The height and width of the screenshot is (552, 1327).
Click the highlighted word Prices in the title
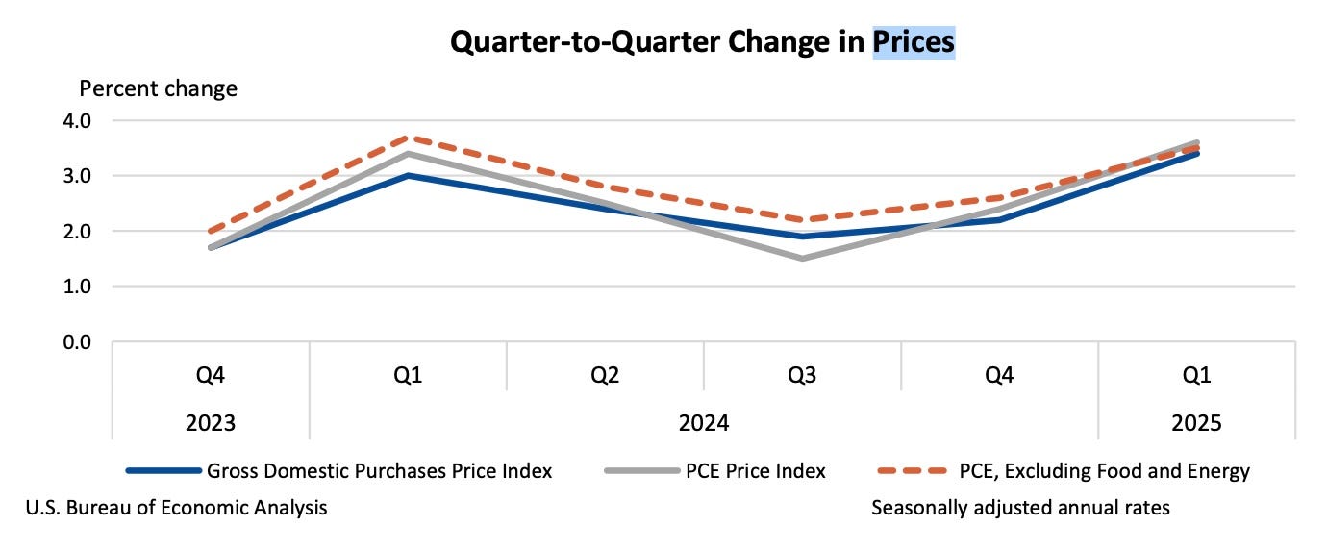[x=913, y=41]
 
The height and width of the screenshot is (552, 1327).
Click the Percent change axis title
[x=158, y=89]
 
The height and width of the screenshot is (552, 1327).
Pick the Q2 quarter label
[x=605, y=375]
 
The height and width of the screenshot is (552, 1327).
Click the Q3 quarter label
[x=802, y=375]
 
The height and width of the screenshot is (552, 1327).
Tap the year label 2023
[x=211, y=423]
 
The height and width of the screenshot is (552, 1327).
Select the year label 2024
[x=703, y=423]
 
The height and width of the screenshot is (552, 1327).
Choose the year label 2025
[x=1196, y=423]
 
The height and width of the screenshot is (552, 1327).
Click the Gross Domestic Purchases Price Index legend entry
[x=379, y=471]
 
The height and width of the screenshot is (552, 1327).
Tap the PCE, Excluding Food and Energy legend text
[x=1104, y=471]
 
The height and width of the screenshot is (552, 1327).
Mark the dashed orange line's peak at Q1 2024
[x=408, y=138]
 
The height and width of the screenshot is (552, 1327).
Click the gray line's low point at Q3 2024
[x=802, y=259]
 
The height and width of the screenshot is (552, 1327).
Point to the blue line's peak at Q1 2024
[x=408, y=176]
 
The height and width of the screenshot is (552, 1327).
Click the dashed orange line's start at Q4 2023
[x=211, y=232]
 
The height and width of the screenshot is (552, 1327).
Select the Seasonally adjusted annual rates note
[x=1020, y=507]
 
